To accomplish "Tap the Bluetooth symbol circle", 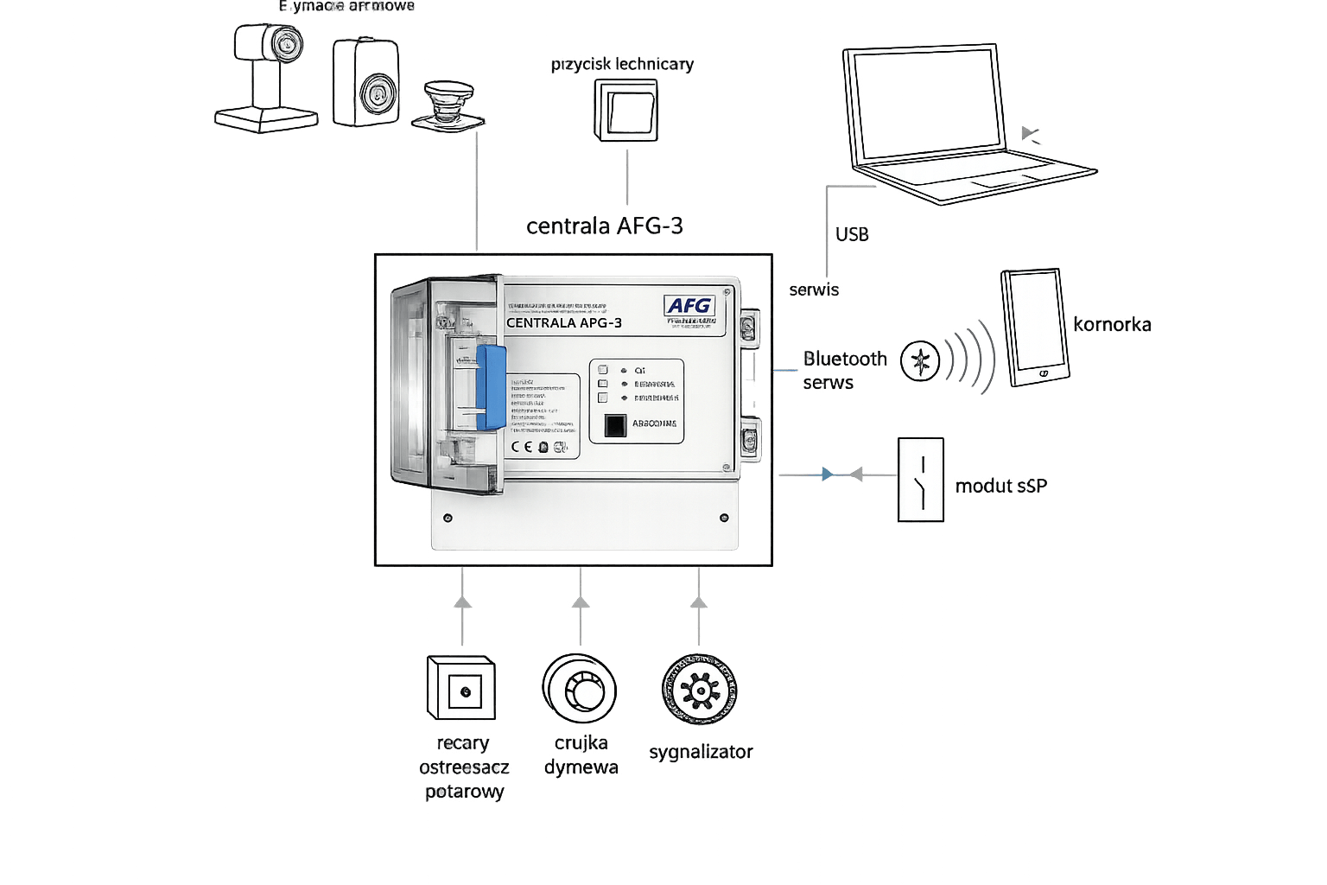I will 919,361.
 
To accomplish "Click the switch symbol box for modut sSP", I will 921,480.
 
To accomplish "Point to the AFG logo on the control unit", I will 689,306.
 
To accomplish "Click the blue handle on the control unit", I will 491,387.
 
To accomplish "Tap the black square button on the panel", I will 614,425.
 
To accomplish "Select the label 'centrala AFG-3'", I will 604,226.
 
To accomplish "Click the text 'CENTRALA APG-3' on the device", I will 563,323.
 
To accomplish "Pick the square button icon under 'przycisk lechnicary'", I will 626,111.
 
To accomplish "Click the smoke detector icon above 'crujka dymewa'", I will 580,689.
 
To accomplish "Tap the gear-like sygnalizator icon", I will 699,690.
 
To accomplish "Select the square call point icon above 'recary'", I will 461,688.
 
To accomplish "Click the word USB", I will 852,234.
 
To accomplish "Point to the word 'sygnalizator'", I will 701,752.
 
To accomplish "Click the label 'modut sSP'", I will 1000,486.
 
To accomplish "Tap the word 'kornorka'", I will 1112,325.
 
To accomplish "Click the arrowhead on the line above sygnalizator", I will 699,602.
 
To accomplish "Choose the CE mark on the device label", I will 521,447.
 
